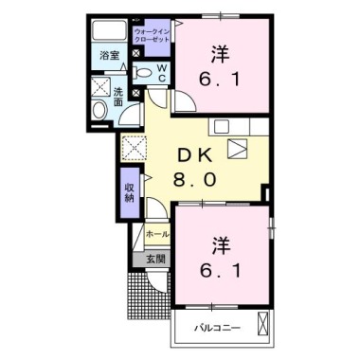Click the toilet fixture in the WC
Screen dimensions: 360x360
(x=143, y=73)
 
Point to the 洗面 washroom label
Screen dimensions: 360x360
(x=119, y=97)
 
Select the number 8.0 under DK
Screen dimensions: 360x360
(x=202, y=180)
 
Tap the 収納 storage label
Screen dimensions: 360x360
(x=129, y=192)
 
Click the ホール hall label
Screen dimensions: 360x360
(x=157, y=233)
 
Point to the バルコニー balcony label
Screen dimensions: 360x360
(x=219, y=328)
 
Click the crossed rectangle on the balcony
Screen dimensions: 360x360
(x=264, y=328)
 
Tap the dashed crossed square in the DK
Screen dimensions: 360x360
(x=133, y=145)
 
